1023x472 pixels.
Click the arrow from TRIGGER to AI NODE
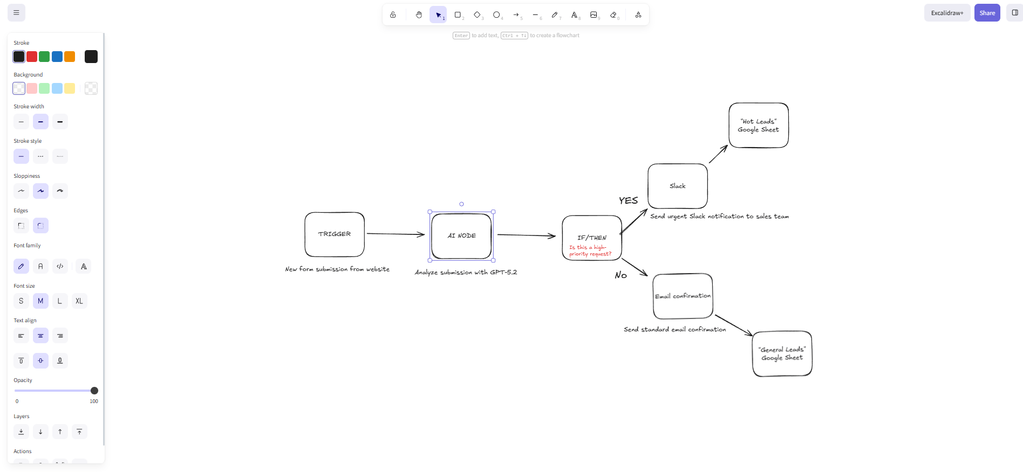(x=395, y=234)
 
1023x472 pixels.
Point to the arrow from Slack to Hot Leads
(x=718, y=154)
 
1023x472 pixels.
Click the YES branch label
(x=628, y=200)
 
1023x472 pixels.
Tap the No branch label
(x=620, y=275)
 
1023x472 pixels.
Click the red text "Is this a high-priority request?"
(x=590, y=251)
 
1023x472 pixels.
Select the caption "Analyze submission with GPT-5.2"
(x=466, y=272)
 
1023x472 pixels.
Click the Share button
(x=987, y=13)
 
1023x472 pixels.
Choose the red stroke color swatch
(x=32, y=57)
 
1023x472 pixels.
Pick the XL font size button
(x=79, y=301)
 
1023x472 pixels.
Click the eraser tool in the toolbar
(x=613, y=15)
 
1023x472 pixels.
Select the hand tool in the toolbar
(x=419, y=15)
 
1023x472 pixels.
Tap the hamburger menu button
(x=16, y=13)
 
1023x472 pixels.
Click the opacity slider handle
(x=94, y=391)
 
